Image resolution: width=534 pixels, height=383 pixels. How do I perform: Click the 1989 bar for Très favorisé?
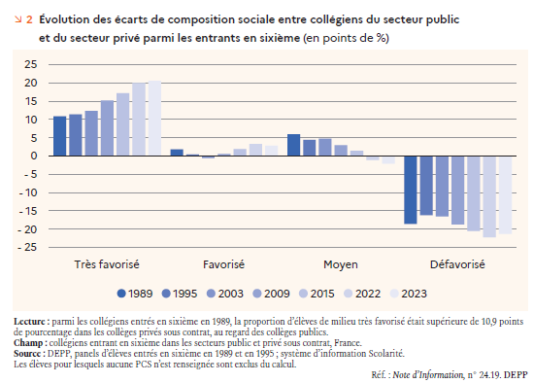point(59,136)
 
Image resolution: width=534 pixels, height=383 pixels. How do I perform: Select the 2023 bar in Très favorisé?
point(154,119)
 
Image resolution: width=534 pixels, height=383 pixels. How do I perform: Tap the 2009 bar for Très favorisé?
point(107,128)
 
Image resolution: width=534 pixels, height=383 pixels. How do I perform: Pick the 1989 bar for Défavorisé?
point(411,190)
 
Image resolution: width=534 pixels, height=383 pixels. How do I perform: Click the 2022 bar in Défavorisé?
point(489,196)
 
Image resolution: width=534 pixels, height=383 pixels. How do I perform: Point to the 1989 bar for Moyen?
point(293,145)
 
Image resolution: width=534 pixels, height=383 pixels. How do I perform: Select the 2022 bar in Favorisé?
point(255,150)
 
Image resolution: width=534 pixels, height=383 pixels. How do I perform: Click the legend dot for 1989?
point(121,294)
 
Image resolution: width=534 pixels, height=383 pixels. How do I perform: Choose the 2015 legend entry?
point(317,294)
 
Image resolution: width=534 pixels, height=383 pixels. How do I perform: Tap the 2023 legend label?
point(414,294)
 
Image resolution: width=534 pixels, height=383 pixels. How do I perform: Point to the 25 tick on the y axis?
point(31,64)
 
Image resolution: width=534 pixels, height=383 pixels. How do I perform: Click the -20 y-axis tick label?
point(27,229)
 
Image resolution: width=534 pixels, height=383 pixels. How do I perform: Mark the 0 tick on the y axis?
point(34,156)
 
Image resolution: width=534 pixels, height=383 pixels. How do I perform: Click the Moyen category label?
point(341,264)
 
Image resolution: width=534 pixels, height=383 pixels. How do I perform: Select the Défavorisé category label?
point(457,264)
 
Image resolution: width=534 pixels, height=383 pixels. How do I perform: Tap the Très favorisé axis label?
point(107,264)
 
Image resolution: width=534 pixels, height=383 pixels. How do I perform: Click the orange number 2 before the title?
point(29,19)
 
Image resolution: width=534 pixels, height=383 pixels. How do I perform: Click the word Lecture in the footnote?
point(29,321)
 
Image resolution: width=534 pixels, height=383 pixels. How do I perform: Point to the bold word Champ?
point(28,343)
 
